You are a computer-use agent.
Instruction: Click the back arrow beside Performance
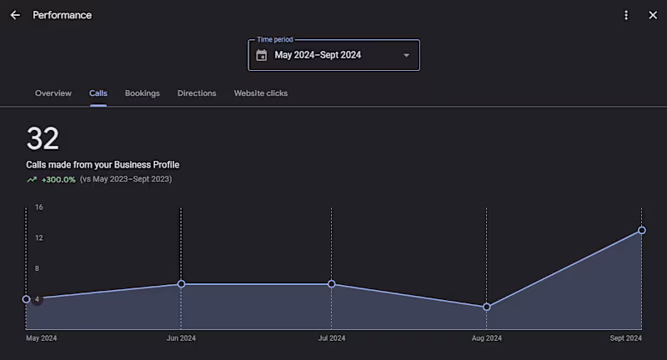[x=15, y=15]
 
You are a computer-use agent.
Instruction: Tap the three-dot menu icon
[x=626, y=15]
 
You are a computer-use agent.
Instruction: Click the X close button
[x=653, y=15]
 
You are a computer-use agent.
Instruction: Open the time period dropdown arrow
[x=406, y=56]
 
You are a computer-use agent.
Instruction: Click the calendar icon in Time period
[x=262, y=56]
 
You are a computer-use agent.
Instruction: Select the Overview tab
[x=53, y=93]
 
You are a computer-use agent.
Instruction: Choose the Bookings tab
[x=143, y=93]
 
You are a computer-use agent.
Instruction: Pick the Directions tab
[x=197, y=93]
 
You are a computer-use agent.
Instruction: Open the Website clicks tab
[x=261, y=93]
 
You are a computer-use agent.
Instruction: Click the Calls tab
[x=98, y=93]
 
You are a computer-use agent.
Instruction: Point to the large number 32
[x=43, y=138]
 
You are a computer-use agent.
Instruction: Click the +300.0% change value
[x=58, y=179]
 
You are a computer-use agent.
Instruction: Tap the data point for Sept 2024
[x=642, y=230]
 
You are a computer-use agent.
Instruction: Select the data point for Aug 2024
[x=487, y=307]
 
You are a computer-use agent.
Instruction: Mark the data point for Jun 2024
[x=181, y=284]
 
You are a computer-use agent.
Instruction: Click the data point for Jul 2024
[x=332, y=284]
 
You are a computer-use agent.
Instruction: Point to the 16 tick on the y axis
[x=38, y=207]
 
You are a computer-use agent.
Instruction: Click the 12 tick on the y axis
[x=38, y=237]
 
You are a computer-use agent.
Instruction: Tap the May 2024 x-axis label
[x=42, y=338]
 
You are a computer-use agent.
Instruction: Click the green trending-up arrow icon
[x=32, y=179]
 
